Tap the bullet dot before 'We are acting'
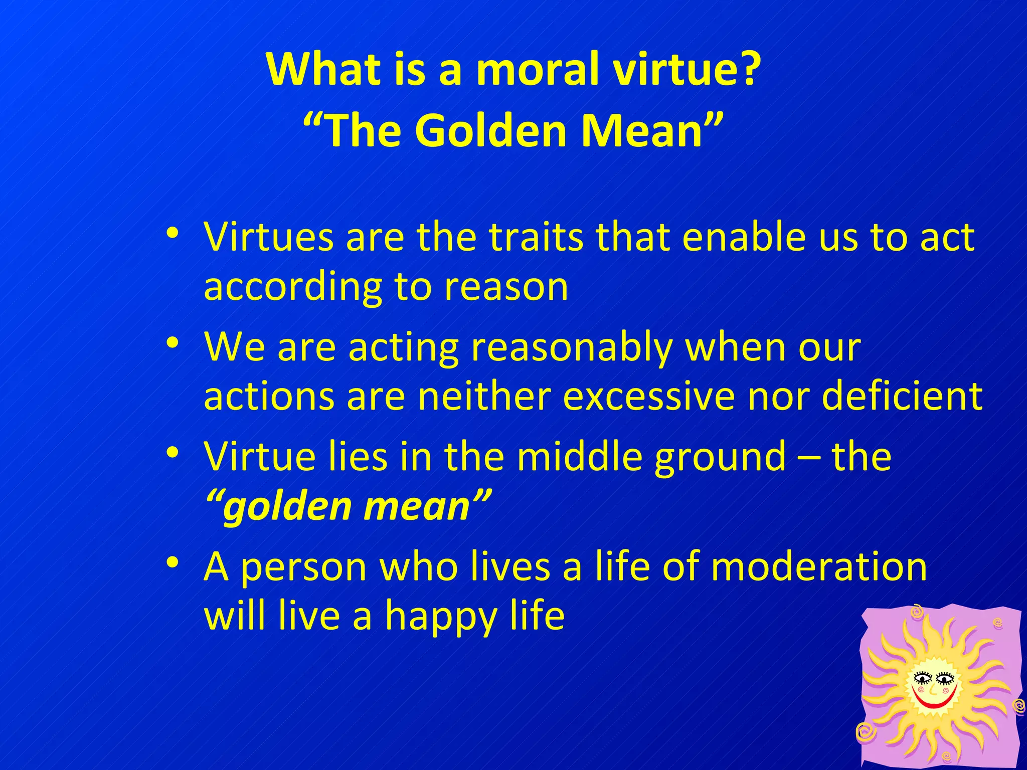click(173, 344)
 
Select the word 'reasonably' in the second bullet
click(572, 347)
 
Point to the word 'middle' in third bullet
click(579, 457)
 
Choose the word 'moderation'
click(818, 566)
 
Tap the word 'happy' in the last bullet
click(440, 617)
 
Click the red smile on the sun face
click(934, 701)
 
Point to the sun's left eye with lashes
click(922, 679)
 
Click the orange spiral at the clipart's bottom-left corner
click(866, 733)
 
